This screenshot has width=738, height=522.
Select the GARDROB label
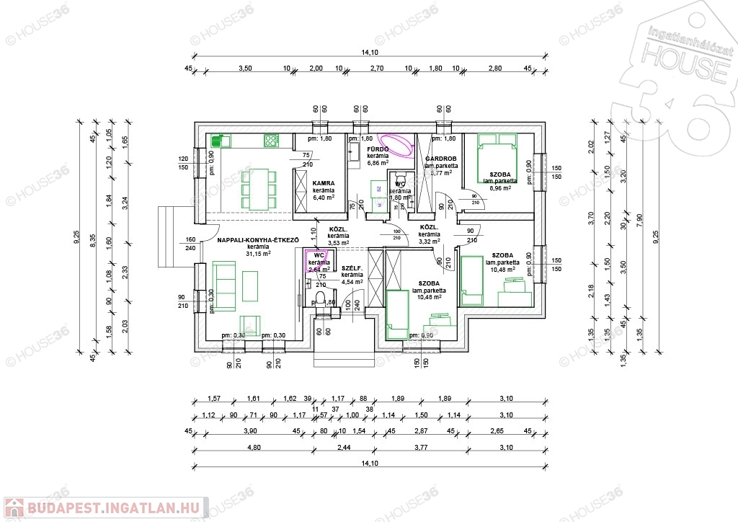[439, 158]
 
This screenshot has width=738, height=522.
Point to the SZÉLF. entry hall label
[352, 267]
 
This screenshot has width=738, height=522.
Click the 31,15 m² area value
[257, 254]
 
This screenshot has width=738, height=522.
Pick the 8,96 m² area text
[500, 188]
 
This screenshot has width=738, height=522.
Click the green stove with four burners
[272, 141]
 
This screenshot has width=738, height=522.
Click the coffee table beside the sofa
[251, 286]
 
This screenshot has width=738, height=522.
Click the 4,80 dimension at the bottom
[253, 448]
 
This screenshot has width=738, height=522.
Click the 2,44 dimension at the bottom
[342, 448]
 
